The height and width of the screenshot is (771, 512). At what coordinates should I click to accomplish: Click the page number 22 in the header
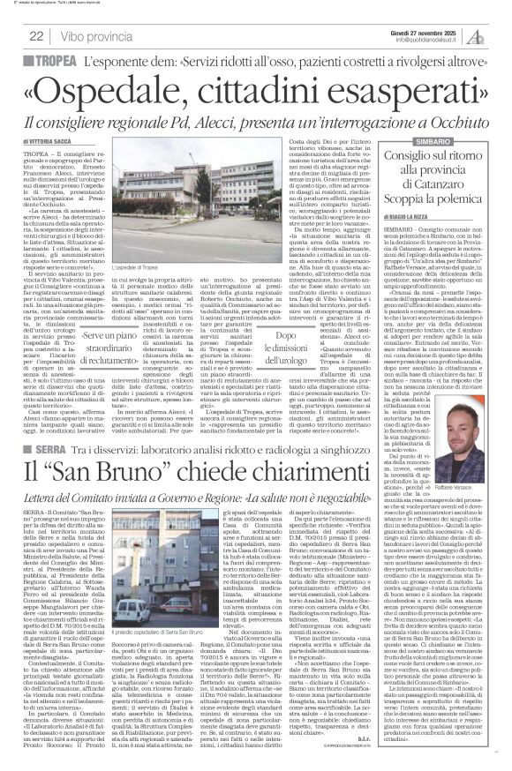[36, 36]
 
